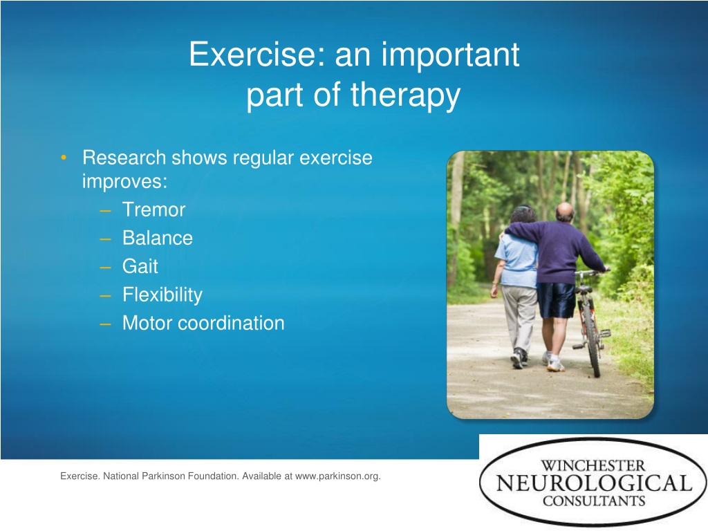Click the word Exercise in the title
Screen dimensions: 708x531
257,54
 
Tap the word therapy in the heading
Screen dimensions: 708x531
405,96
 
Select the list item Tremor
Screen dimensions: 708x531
153,209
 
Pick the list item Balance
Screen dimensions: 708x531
158,238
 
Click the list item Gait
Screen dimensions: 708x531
140,266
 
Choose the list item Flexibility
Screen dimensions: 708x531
162,295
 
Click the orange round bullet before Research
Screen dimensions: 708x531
64,157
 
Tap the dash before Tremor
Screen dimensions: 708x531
105,210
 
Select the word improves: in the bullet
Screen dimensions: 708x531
124,182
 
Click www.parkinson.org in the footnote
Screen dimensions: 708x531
337,476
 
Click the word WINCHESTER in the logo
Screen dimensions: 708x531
593,465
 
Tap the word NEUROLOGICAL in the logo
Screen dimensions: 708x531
594,483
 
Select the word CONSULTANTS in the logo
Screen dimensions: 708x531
594,501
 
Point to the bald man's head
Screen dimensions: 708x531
564,212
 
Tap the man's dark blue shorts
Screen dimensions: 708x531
555,300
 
